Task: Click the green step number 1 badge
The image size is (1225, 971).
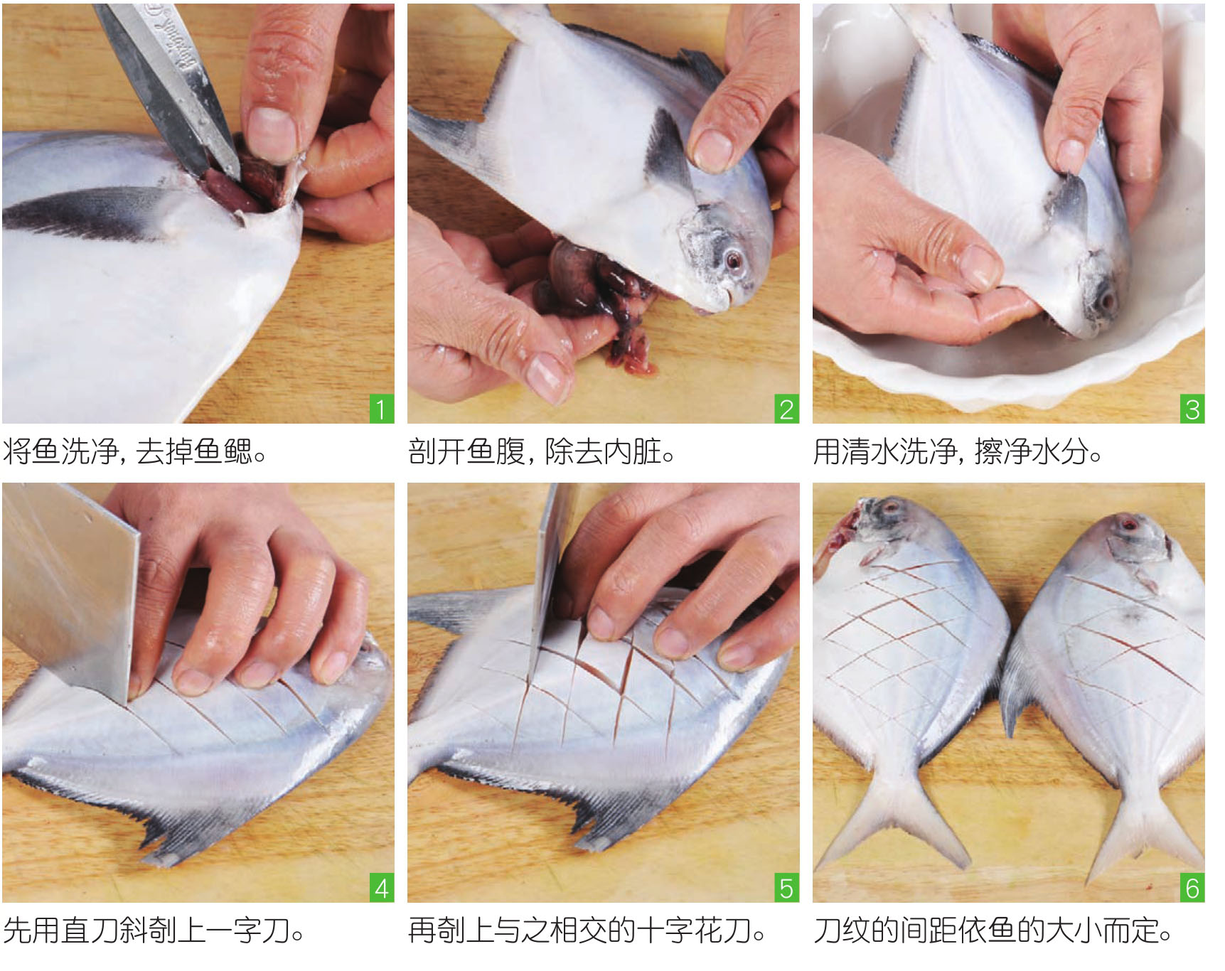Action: (x=382, y=409)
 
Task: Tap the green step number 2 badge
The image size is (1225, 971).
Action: (x=786, y=409)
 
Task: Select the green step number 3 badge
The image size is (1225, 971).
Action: (x=1192, y=409)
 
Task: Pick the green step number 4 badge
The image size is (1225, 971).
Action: (x=382, y=889)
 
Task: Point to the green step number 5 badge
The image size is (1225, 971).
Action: (x=786, y=889)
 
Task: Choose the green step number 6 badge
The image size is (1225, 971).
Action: (x=1192, y=889)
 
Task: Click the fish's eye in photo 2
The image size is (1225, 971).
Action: (x=732, y=261)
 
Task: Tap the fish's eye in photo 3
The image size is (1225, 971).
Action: (x=1106, y=301)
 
